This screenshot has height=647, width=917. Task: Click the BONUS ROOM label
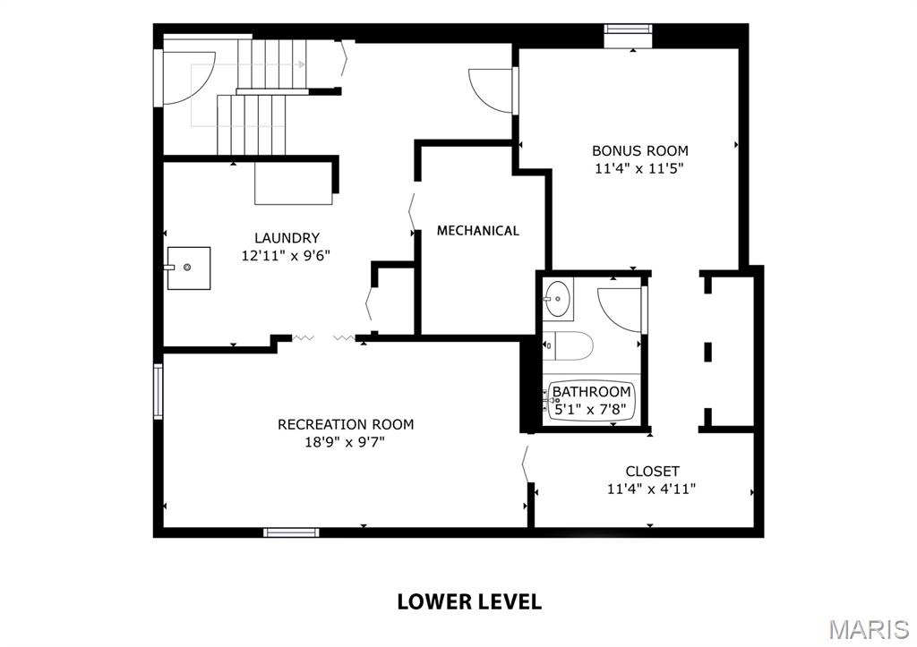click(639, 150)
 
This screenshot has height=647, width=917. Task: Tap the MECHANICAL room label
click(477, 231)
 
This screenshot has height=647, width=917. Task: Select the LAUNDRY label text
click(287, 238)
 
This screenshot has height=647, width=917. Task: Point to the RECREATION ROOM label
click(346, 424)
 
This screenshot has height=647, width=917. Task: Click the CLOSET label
click(652, 471)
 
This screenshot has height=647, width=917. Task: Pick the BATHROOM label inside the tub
click(591, 392)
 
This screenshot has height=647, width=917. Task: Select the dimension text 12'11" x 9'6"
click(287, 255)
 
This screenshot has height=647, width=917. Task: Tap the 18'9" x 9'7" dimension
click(346, 441)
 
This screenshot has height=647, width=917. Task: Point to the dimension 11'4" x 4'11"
click(652, 488)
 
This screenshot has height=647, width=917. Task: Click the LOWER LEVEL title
click(469, 601)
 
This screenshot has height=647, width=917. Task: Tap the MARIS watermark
click(869, 629)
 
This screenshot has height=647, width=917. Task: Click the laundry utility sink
click(188, 268)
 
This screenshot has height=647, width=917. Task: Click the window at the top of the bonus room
click(629, 29)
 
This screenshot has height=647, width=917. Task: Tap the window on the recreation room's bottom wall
click(291, 532)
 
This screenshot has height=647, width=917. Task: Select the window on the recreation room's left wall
click(159, 392)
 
